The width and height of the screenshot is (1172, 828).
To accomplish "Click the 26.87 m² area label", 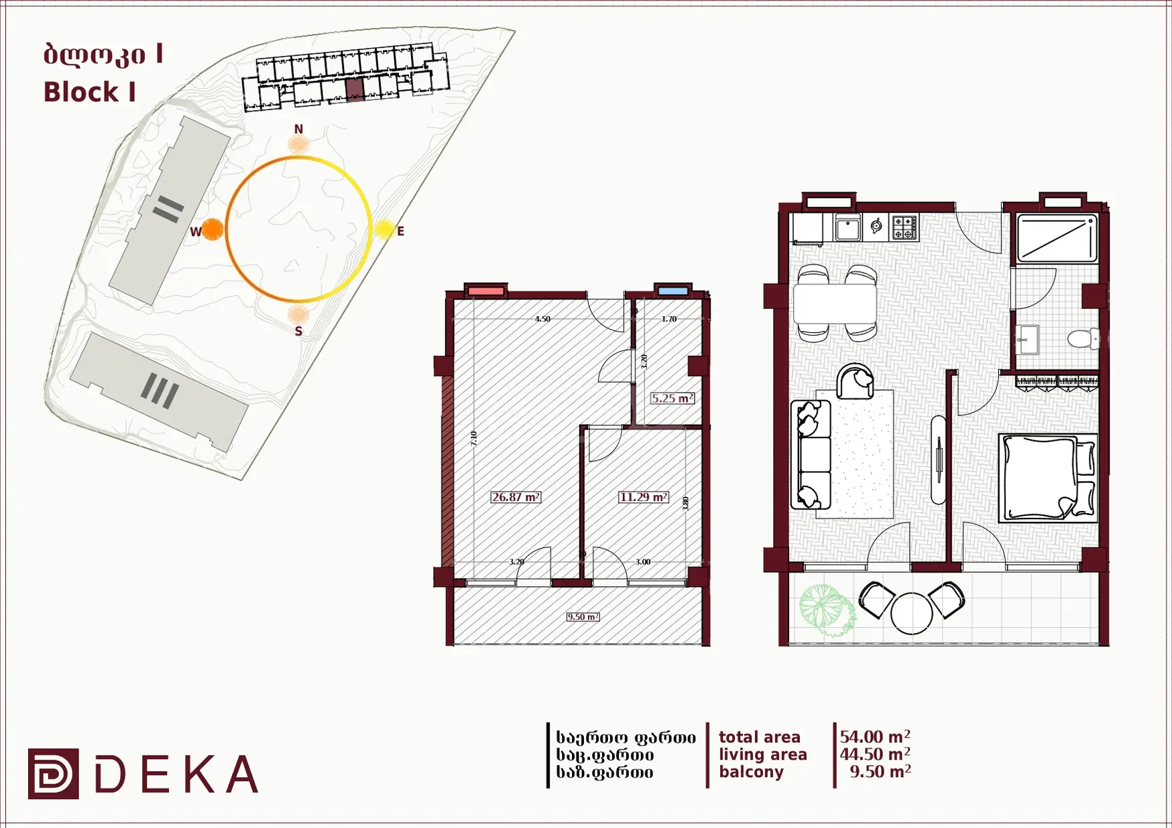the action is click(516, 497).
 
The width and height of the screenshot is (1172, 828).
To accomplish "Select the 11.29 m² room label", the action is click(643, 497).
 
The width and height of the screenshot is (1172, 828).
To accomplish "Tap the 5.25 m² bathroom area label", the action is click(672, 398).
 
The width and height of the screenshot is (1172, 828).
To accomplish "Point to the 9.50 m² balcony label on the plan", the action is click(583, 616).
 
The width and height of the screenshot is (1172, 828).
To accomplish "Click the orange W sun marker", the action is click(213, 229).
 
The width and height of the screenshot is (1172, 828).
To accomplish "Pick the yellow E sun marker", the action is click(384, 230).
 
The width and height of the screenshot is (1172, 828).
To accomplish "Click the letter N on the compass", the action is click(298, 129).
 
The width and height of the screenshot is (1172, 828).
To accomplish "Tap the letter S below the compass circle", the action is click(298, 331).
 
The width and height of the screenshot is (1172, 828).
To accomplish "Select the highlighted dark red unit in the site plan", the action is click(355, 89).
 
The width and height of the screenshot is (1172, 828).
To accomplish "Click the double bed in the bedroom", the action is click(1048, 478).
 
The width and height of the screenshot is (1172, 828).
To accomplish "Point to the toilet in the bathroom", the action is click(1083, 338).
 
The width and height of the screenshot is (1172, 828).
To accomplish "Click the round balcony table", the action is click(911, 613).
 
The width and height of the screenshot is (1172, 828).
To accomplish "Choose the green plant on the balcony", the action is click(827, 610).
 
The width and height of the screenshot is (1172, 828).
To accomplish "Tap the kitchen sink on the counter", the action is click(848, 228).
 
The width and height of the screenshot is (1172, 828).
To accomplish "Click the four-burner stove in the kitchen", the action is click(904, 227).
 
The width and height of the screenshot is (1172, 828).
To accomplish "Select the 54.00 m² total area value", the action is click(875, 737).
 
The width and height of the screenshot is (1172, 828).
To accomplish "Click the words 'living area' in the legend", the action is click(763, 754).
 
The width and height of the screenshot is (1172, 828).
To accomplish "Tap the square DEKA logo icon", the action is click(54, 774).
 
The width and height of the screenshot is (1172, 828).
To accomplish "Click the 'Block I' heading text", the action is click(90, 92).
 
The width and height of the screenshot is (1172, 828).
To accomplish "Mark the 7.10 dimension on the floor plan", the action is click(474, 439).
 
